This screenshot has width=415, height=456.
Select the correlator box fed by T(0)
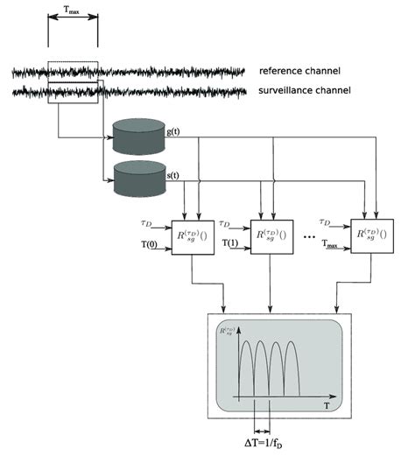click(x=192, y=236)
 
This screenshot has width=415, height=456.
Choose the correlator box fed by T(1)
click(x=270, y=236)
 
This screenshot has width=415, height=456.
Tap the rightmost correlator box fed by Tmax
click(x=369, y=236)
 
